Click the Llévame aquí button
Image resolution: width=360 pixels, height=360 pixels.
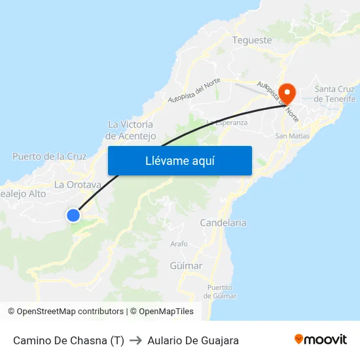pyautogui.click(x=180, y=160)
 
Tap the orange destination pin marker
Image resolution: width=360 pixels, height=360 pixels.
pyautogui.click(x=287, y=91)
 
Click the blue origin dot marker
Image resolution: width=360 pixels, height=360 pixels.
pyautogui.click(x=73, y=215)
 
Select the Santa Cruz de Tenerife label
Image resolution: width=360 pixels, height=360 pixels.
pyautogui.click(x=334, y=94)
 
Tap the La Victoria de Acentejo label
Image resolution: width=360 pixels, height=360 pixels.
pyautogui.click(x=131, y=130)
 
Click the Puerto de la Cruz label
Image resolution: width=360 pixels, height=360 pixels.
pyautogui.click(x=49, y=156)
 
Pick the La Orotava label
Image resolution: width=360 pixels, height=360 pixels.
pyautogui.click(x=77, y=185)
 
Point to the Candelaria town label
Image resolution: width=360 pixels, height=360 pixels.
pyautogui.click(x=223, y=223)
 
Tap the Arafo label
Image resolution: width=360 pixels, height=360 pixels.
pyautogui.click(x=179, y=243)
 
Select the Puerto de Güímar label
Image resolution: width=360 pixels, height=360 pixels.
pyautogui.click(x=219, y=291)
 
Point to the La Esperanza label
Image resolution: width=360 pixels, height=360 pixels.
pyautogui.click(x=227, y=122)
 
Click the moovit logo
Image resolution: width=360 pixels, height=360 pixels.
pyautogui.click(x=321, y=340)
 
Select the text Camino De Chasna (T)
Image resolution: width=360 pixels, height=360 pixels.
pyautogui.click(x=68, y=340)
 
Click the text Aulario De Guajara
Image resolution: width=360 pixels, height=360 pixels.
pyautogui.click(x=193, y=340)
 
